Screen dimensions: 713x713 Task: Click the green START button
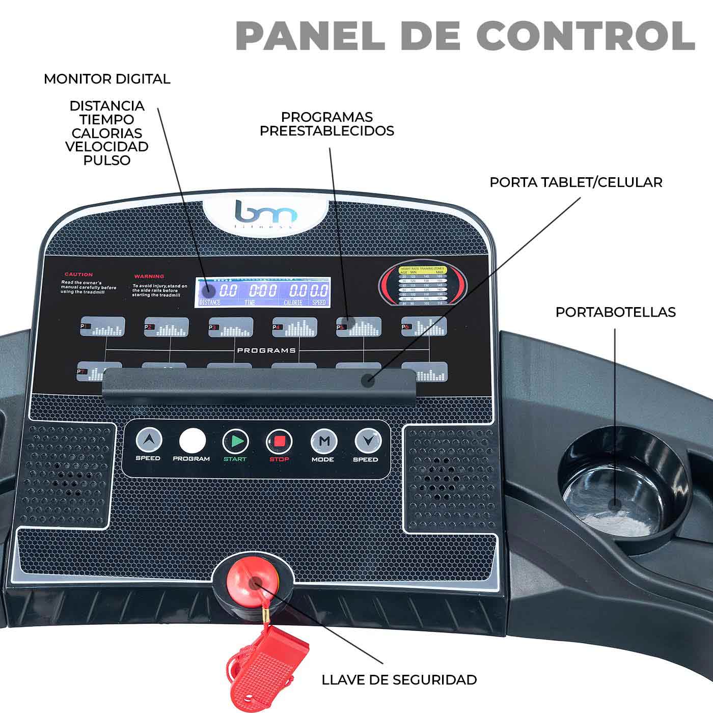pyautogui.click(x=235, y=441)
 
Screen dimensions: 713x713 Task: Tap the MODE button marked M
pyautogui.click(x=323, y=441)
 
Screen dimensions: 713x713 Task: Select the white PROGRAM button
pyautogui.click(x=192, y=441)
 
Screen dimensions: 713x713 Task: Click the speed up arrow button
pyautogui.click(x=149, y=440)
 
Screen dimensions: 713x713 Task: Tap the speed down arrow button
pyautogui.click(x=368, y=441)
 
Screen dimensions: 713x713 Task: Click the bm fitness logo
pyautogui.click(x=265, y=214)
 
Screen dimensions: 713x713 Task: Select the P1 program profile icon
pyautogui.click(x=102, y=327)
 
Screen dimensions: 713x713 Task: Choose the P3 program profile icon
pyautogui.click(x=231, y=327)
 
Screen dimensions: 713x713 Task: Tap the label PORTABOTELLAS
pyautogui.click(x=615, y=312)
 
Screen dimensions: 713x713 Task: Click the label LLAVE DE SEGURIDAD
pyautogui.click(x=399, y=679)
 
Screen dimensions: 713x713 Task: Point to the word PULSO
pyautogui.click(x=107, y=160)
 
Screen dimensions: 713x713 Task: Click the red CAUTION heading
pyautogui.click(x=78, y=275)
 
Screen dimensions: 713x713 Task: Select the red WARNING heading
pyautogui.click(x=149, y=276)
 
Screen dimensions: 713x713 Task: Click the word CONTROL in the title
pyautogui.click(x=586, y=36)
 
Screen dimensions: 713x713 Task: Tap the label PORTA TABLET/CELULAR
pyautogui.click(x=575, y=182)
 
